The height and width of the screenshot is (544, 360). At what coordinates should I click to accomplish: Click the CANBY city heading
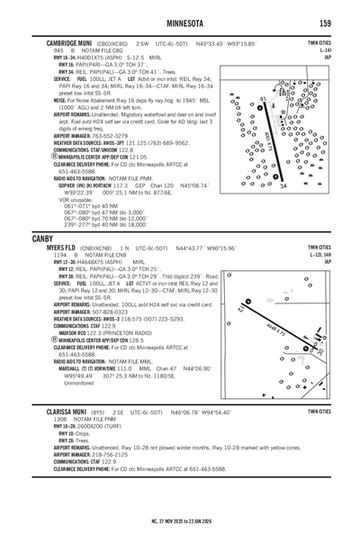(42, 238)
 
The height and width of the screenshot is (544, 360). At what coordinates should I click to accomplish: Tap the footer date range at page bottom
(180, 520)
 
